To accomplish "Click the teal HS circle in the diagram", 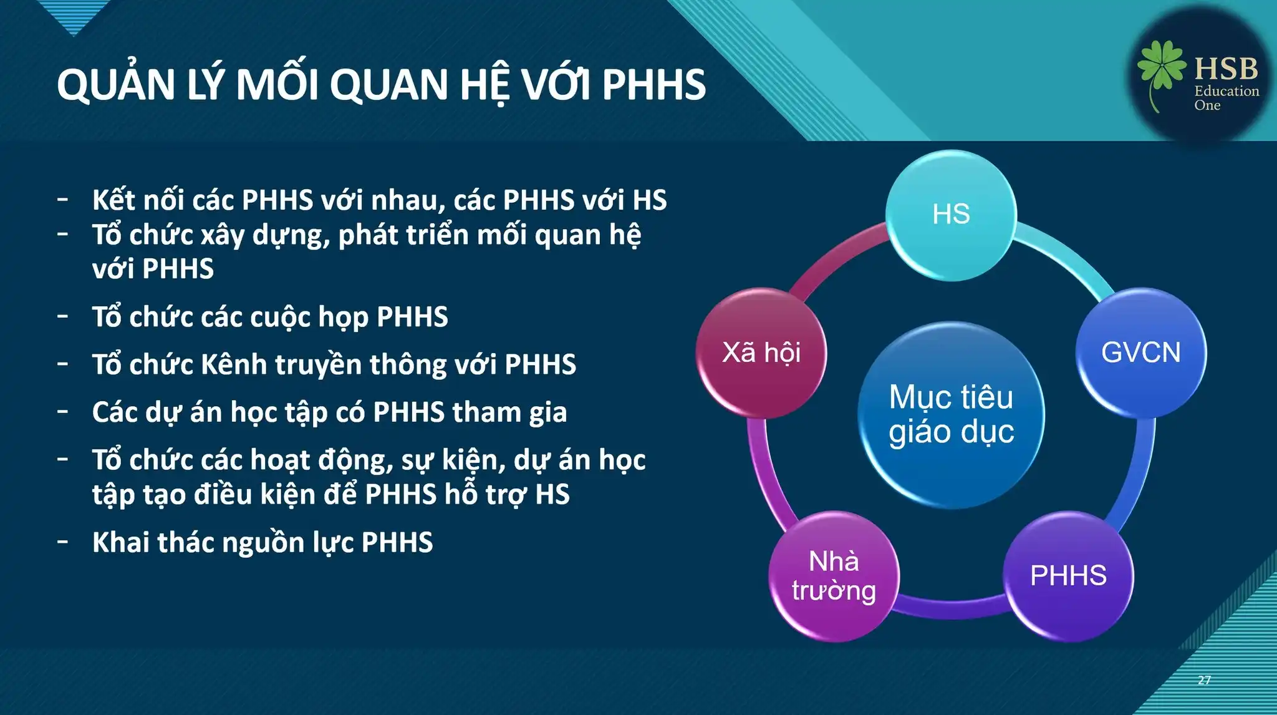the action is click(951, 215).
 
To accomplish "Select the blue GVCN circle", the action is click(1141, 353).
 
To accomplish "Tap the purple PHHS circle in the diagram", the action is click(1068, 576).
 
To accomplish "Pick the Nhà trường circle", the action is click(834, 576).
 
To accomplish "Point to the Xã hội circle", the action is click(761, 353).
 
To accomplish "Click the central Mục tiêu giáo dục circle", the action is click(951, 415).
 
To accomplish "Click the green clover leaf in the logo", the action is click(1161, 66).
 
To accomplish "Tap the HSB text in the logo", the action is click(1226, 68).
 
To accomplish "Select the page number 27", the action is click(1204, 680).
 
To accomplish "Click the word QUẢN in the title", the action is click(115, 85).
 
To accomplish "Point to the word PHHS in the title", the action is click(654, 85).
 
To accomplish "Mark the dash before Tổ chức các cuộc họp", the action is click(62, 316).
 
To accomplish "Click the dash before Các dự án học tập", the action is click(62, 412).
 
